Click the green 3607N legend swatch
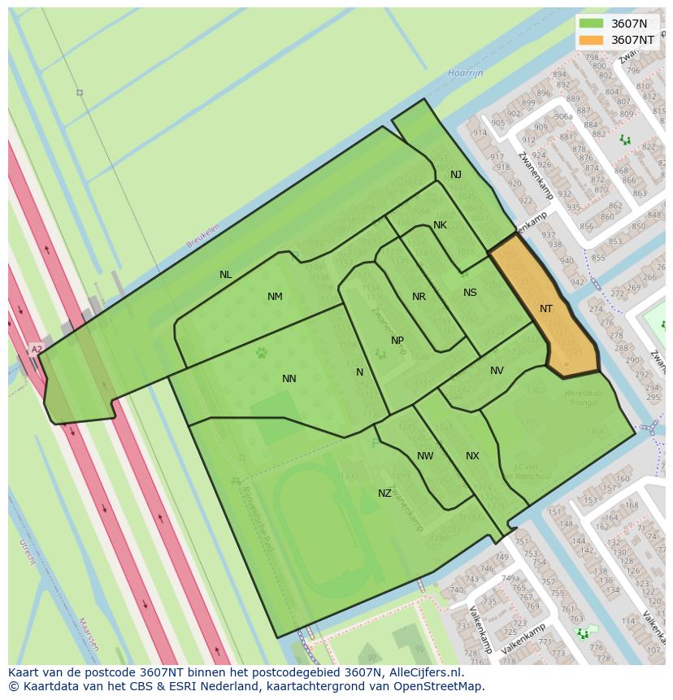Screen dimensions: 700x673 tap(591, 24)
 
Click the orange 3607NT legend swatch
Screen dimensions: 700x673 tap(591, 40)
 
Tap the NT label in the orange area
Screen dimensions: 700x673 tap(546, 309)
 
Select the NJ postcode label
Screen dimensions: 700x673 tap(456, 175)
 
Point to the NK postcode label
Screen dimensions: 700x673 tap(440, 225)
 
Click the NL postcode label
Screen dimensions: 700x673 tap(226, 275)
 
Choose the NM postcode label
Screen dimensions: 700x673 tap(275, 297)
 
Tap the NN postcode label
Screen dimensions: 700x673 tap(289, 379)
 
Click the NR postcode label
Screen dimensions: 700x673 tap(419, 297)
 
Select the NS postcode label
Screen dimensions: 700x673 tap(470, 293)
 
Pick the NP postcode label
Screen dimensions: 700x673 tap(397, 341)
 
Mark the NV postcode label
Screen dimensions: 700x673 tap(497, 371)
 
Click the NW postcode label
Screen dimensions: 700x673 tap(425, 456)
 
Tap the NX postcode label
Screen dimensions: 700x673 tap(472, 456)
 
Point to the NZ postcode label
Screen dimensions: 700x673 tap(384, 493)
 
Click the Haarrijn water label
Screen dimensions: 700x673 tap(465, 73)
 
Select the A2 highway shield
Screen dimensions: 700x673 tap(37, 350)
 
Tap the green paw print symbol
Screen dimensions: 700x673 tap(262, 353)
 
